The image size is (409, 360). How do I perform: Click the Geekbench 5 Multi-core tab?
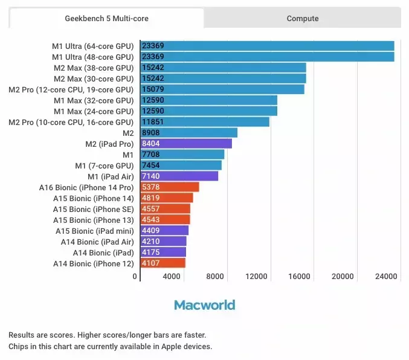click(x=107, y=18)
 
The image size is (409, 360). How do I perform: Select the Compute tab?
click(x=303, y=18)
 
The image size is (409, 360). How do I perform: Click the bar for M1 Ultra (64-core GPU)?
click(x=267, y=46)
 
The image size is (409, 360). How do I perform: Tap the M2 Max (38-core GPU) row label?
click(x=94, y=68)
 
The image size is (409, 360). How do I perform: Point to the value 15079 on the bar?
click(x=152, y=89)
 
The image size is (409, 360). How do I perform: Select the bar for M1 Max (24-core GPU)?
click(x=208, y=111)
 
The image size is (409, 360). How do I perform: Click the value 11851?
click(x=152, y=122)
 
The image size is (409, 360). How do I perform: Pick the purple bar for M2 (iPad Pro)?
click(x=186, y=144)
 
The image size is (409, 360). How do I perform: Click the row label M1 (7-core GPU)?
click(x=105, y=166)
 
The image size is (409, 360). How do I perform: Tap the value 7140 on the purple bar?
click(x=151, y=176)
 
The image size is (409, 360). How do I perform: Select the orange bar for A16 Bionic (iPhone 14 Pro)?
click(x=170, y=187)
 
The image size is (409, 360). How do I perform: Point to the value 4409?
click(x=151, y=231)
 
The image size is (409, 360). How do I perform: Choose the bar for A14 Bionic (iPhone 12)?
click(x=163, y=263)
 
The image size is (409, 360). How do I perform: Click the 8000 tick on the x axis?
click(x=216, y=277)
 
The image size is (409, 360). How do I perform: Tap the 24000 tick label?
click(x=386, y=277)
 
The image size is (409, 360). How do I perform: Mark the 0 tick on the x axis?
click(x=135, y=277)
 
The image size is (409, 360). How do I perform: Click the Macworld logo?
click(x=204, y=305)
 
